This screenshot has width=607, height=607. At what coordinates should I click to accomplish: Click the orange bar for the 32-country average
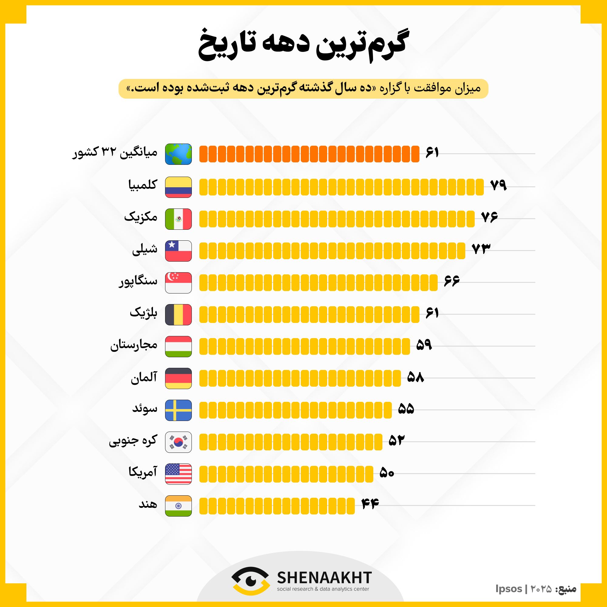[x=309, y=154]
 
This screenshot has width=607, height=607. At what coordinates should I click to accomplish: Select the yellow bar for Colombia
[x=341, y=187]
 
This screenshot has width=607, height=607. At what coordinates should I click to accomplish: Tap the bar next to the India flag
[x=277, y=506]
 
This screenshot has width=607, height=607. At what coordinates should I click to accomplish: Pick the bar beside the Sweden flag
[x=295, y=410]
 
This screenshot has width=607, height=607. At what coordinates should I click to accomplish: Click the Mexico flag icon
[x=178, y=219]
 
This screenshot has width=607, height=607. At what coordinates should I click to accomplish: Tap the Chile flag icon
[x=178, y=251]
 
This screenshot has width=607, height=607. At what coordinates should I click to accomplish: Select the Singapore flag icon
[x=178, y=283]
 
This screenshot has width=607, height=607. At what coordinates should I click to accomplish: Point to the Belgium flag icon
[x=178, y=314]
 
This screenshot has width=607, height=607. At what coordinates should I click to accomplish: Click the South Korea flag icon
[x=178, y=442]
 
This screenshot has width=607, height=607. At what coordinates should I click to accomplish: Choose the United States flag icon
[x=178, y=474]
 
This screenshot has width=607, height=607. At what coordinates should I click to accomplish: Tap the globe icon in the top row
[x=178, y=154]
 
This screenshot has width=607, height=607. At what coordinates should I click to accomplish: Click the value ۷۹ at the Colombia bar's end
[x=498, y=185]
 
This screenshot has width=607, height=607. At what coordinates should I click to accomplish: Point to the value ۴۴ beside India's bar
[x=370, y=504]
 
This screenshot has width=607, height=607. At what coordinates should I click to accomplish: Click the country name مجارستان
[x=134, y=345]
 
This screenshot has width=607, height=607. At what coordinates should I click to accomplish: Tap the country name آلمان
[x=144, y=377]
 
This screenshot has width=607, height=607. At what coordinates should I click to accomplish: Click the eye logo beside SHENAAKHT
[x=250, y=581]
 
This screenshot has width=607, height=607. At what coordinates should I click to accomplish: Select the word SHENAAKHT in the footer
[x=324, y=578]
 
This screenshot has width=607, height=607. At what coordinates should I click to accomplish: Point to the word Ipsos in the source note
[x=509, y=588]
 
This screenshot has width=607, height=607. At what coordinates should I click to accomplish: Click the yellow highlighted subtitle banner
[x=303, y=89]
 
